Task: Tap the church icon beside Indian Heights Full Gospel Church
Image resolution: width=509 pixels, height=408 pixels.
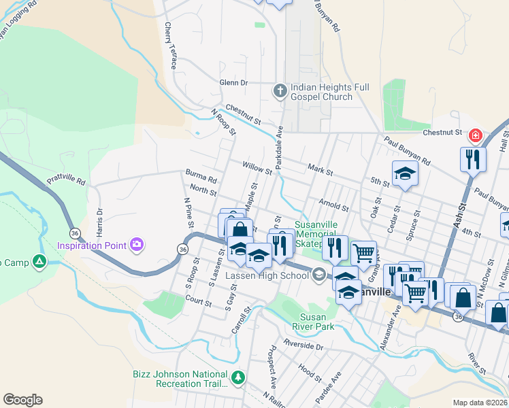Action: click(280, 90)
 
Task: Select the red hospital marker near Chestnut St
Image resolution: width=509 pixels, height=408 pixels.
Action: click(473, 137)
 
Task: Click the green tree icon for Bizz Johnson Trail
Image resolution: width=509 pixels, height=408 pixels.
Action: click(237, 377)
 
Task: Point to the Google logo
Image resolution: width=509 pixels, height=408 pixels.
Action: click(22, 400)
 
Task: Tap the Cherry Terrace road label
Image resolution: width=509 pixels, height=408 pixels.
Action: click(169, 45)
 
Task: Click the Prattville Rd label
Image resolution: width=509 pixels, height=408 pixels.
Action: click(66, 182)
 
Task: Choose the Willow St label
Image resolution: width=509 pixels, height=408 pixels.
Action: click(257, 167)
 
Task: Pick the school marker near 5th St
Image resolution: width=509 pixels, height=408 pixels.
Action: click(404, 173)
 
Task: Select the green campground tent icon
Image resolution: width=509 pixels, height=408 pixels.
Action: click(40, 261)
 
